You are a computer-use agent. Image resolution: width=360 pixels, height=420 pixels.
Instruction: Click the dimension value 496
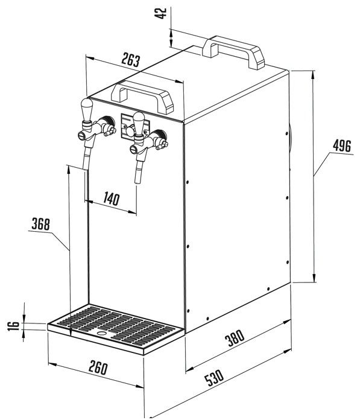(342, 146)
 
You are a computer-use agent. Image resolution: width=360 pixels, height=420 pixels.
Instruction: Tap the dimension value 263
(131, 60)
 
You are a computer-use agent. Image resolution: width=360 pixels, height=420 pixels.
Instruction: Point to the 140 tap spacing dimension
(112, 199)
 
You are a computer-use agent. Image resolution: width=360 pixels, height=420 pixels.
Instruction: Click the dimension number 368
(40, 224)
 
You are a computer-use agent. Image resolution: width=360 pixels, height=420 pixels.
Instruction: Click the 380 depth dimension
(235, 338)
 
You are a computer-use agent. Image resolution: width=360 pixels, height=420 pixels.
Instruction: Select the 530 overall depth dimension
(214, 378)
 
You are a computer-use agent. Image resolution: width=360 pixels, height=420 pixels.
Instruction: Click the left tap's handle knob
(87, 109)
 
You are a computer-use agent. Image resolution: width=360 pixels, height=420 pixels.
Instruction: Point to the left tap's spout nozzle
(86, 161)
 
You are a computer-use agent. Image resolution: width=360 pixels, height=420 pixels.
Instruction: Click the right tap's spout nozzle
(138, 171)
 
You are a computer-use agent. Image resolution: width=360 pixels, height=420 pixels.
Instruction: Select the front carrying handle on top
(142, 97)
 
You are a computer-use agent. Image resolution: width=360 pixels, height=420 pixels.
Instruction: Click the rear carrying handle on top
(233, 52)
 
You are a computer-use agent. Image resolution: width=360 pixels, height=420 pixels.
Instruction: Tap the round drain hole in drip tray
(101, 334)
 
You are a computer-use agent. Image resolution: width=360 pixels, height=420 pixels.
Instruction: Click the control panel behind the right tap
(134, 127)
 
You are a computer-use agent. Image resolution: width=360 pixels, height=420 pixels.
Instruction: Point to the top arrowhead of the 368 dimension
(69, 170)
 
